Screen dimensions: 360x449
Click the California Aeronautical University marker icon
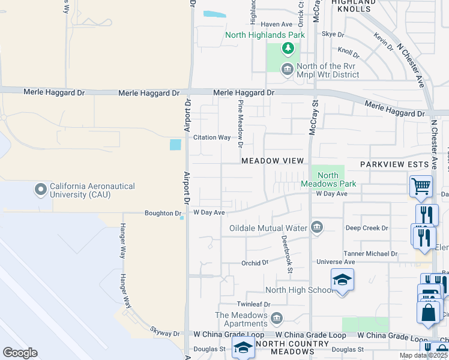(41, 190)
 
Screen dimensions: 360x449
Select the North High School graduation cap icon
(342, 280)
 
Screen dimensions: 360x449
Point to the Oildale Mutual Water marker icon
(317, 227)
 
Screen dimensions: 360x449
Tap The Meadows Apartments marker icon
(277, 317)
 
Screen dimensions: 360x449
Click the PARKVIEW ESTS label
(394, 164)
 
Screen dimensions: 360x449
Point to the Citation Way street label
(212, 137)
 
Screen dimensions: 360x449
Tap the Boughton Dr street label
(163, 213)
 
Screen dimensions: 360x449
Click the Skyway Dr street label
(164, 334)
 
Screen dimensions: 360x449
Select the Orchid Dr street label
(255, 263)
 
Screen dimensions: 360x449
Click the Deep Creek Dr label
(367, 228)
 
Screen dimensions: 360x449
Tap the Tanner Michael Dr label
(370, 254)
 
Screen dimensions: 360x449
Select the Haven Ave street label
(276, 25)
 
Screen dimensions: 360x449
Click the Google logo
(20, 353)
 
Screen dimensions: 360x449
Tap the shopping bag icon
(429, 313)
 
